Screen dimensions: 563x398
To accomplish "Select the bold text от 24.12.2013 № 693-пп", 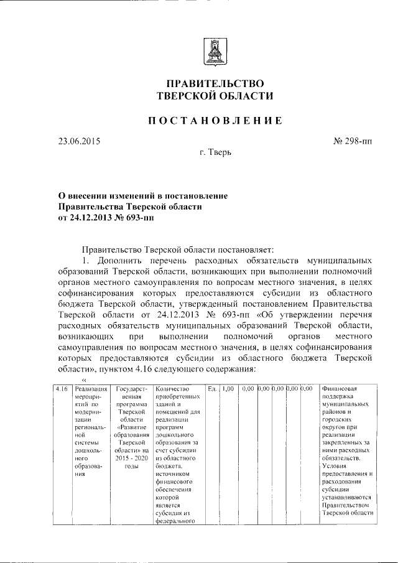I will pyautogui.click(x=105, y=218).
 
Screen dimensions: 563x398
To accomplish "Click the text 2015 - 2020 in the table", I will pyautogui.click(x=131, y=457).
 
